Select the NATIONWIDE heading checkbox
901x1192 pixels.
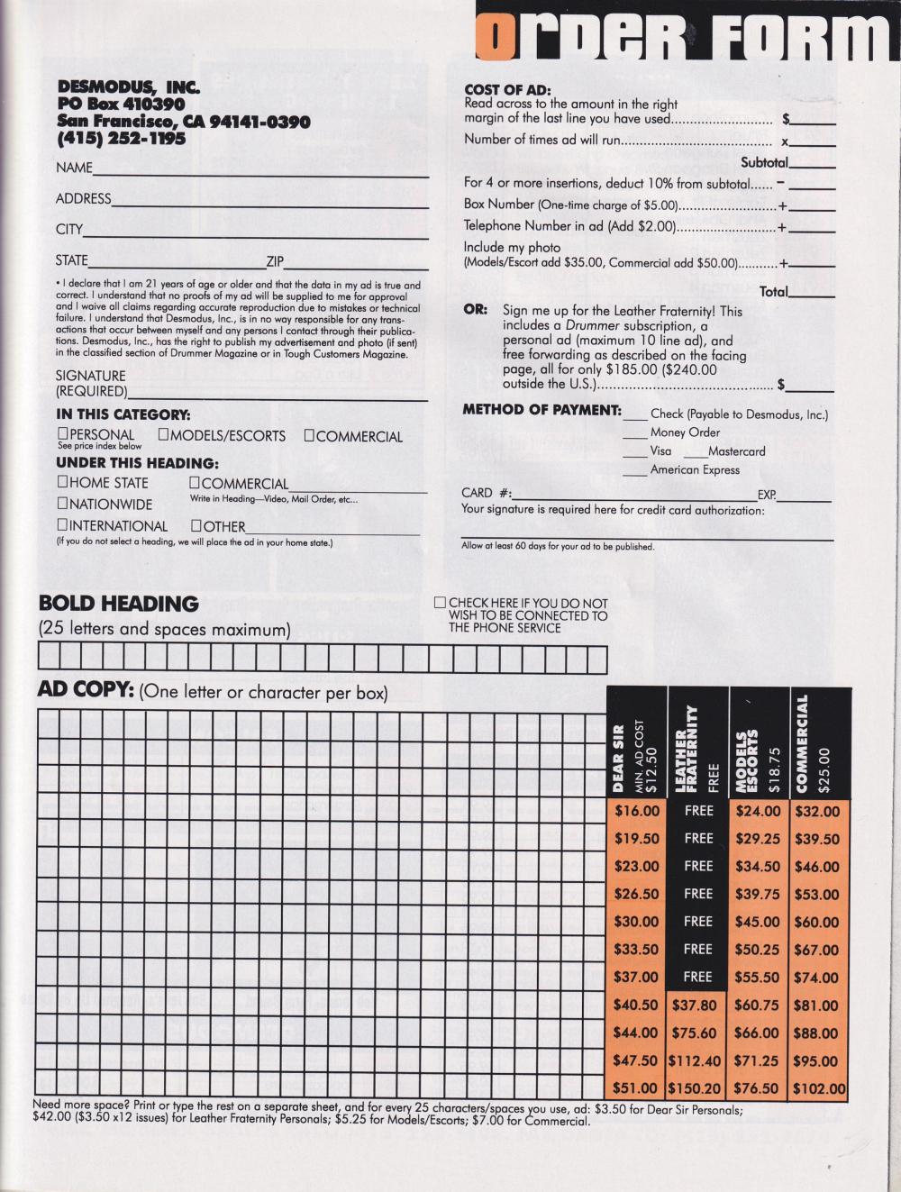tap(63, 505)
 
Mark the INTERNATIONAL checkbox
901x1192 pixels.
tap(63, 525)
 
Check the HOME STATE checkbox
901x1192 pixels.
tap(63, 483)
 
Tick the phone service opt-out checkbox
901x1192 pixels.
tap(440, 603)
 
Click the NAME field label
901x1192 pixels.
tap(74, 168)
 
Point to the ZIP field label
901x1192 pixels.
tap(275, 262)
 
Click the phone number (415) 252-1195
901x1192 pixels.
tap(122, 139)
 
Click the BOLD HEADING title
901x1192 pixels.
tap(118, 604)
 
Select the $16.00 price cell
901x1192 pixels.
tap(637, 811)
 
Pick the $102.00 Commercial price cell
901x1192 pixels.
tap(819, 1088)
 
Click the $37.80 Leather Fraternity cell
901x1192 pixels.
tap(698, 1005)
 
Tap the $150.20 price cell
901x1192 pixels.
tap(698, 1088)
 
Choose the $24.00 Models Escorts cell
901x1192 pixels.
tap(758, 811)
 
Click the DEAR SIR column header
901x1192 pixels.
tap(618, 757)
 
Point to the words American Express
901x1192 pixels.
tap(695, 469)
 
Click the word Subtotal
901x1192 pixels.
tap(763, 162)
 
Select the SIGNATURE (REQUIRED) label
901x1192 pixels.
tap(91, 383)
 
